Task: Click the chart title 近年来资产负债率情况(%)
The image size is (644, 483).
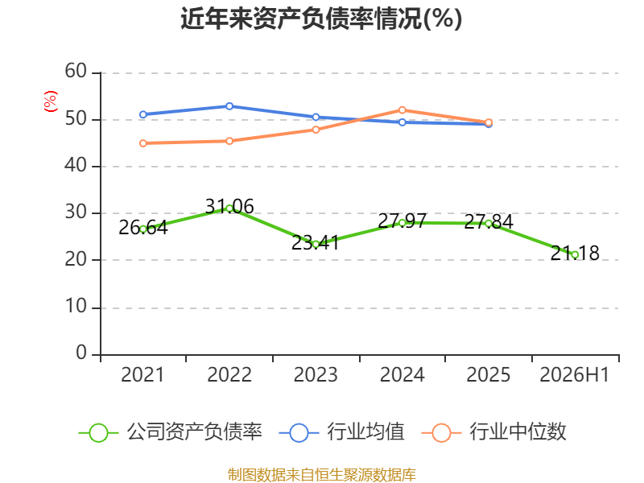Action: tap(321, 19)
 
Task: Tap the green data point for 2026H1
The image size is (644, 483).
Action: tap(575, 254)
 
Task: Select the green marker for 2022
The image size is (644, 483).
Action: tap(229, 208)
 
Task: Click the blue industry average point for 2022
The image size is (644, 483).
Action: tap(229, 106)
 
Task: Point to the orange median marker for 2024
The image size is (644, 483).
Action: tap(402, 110)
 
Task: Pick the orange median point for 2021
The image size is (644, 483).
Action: tap(143, 143)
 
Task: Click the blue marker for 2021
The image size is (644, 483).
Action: tap(143, 114)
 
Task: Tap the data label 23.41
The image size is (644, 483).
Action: tap(316, 243)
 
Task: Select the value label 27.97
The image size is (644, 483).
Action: tap(402, 221)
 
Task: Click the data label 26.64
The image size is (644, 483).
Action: tap(143, 228)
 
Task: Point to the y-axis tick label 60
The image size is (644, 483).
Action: tap(76, 71)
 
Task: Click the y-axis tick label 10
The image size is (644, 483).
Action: tap(76, 307)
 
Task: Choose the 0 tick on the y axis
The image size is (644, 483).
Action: tap(81, 353)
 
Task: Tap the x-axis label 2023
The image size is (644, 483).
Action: tap(316, 374)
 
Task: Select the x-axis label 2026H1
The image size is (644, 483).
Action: tap(575, 374)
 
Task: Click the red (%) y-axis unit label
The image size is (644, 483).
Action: tap(51, 101)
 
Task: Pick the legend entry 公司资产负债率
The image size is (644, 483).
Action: tap(171, 432)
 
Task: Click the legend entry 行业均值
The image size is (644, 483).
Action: tap(341, 432)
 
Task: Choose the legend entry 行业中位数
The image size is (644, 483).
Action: tap(494, 432)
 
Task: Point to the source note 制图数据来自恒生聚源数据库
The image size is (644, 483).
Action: tap(322, 475)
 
